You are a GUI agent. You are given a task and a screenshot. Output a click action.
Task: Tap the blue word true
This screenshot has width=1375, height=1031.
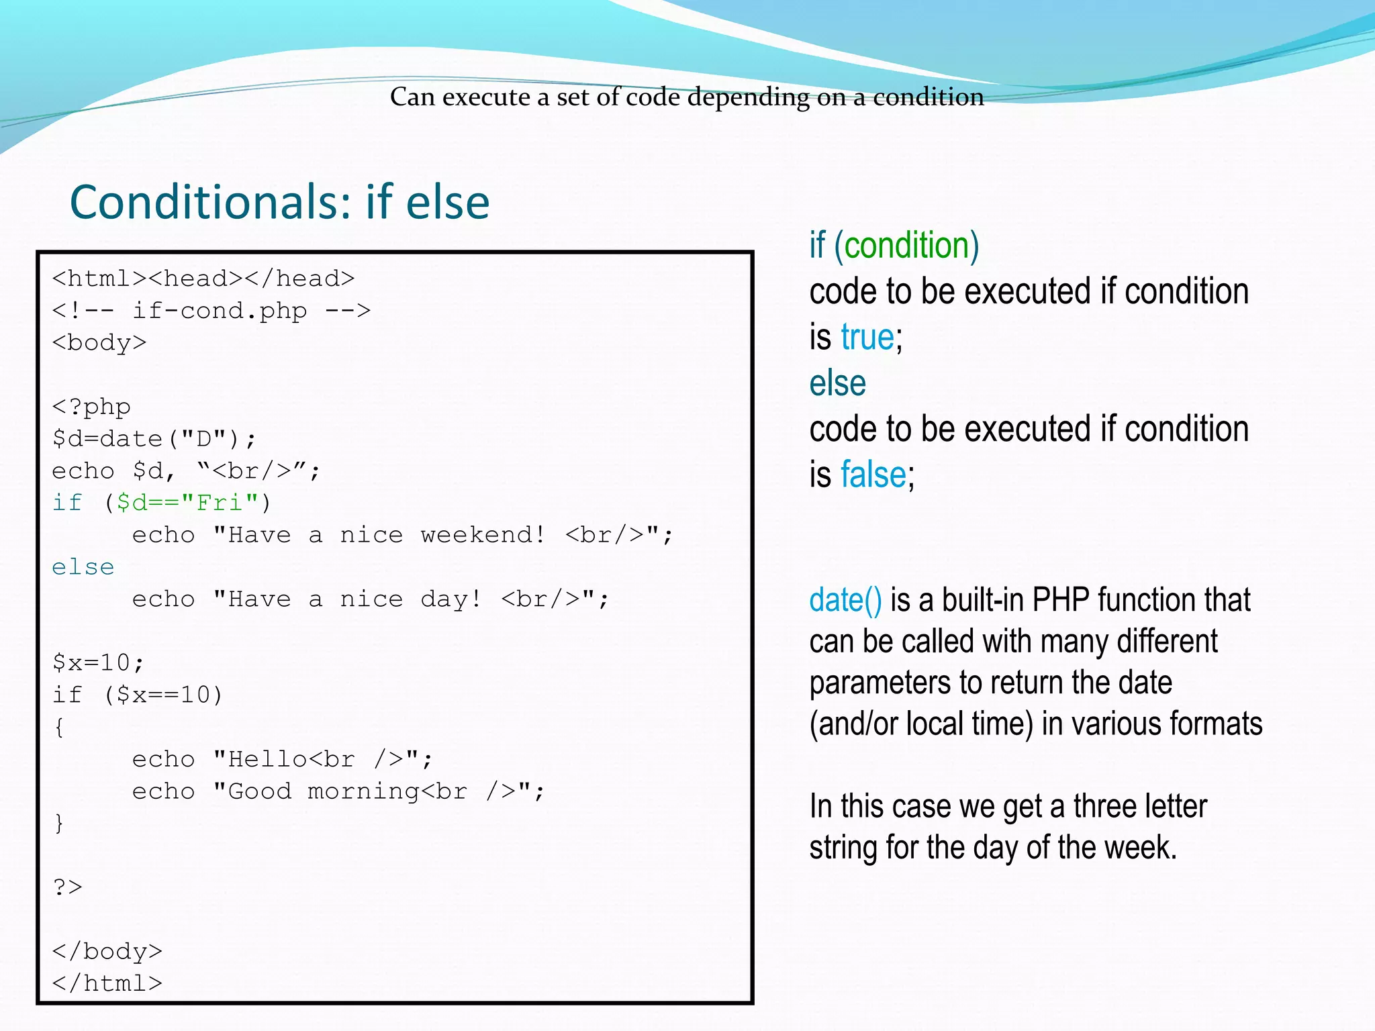[867, 337]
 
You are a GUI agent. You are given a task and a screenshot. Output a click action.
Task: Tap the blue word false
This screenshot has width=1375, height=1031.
[873, 475]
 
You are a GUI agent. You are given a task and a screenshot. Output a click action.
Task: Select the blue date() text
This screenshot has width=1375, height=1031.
[845, 600]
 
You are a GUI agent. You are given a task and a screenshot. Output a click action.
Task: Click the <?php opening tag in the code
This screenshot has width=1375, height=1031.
[91, 407]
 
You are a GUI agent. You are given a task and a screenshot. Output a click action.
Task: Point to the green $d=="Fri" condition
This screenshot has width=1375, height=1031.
[187, 503]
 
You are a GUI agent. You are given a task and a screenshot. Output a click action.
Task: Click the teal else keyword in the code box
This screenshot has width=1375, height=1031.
[83, 567]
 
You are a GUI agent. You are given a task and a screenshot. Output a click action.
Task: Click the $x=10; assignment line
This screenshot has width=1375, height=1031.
[98, 663]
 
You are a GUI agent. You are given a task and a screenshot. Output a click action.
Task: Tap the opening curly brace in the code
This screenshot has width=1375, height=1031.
[59, 727]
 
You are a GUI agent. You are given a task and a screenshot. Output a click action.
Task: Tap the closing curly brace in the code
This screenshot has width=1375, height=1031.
[59, 823]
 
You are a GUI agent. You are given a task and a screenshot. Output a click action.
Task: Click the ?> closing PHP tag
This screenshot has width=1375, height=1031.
[67, 887]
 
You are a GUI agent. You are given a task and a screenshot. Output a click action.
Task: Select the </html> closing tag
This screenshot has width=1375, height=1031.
[107, 983]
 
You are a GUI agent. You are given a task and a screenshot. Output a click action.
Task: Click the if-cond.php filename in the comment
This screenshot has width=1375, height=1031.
[220, 311]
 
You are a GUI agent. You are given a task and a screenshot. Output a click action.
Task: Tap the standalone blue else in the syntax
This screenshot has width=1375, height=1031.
[837, 383]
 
